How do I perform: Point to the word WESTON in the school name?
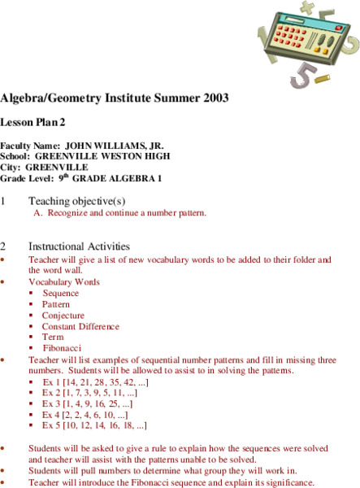[x=120, y=156]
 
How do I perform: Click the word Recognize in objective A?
[x=69, y=213]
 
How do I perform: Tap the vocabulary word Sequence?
[x=61, y=293]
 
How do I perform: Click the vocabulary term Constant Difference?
[x=80, y=325]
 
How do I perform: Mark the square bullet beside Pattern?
[x=32, y=304]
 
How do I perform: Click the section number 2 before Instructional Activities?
[x=4, y=246]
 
